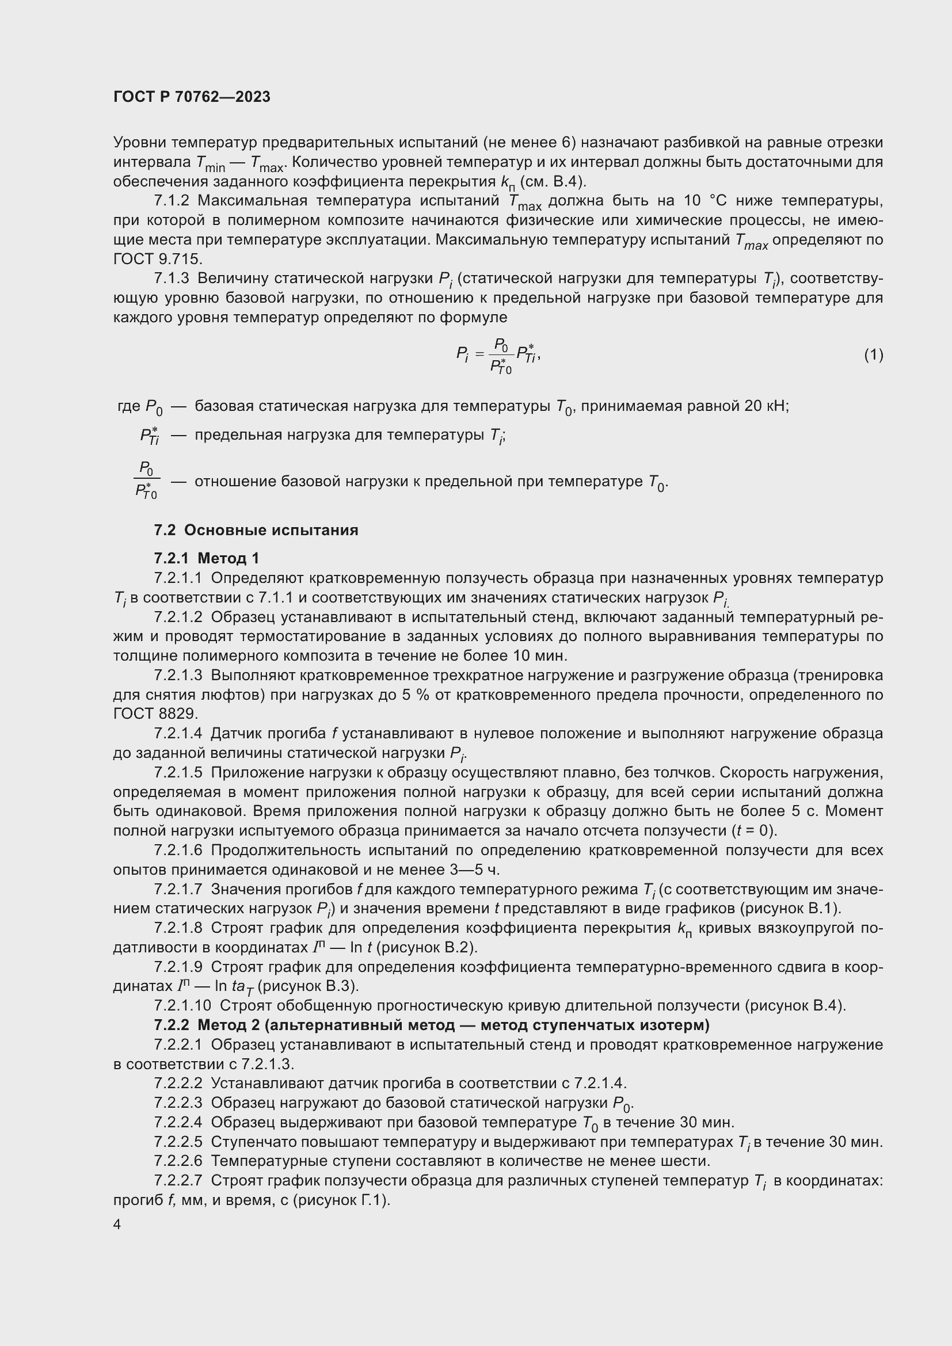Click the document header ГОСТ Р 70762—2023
[x=192, y=97]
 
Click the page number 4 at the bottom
[x=117, y=1225]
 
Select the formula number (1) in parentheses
[x=873, y=354]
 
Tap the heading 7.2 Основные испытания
[x=256, y=530]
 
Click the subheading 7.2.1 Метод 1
[x=207, y=558]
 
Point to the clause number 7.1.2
[x=172, y=201]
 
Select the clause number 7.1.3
[x=172, y=279]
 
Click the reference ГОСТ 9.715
[x=158, y=258]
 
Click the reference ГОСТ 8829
[x=155, y=714]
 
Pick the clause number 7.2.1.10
[x=182, y=1005]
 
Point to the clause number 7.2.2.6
[x=178, y=1161]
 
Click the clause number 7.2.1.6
[x=178, y=850]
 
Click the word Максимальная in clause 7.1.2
[x=253, y=201]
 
